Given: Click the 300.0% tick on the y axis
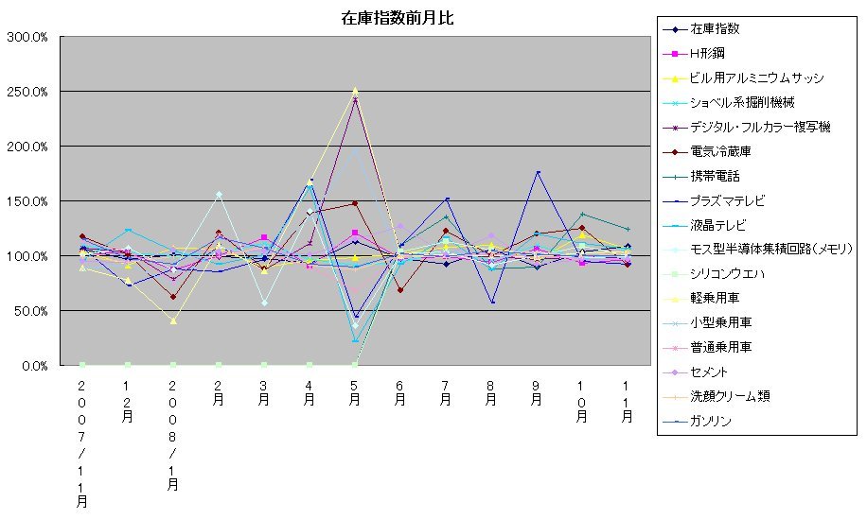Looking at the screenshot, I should (x=30, y=37).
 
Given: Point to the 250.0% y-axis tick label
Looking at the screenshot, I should (x=30, y=92).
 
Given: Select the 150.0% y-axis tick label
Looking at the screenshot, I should (x=30, y=201).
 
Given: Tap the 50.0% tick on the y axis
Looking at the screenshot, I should (x=33, y=311).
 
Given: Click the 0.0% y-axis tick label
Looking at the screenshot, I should (x=36, y=366).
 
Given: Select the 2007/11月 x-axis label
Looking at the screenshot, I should (x=82, y=444).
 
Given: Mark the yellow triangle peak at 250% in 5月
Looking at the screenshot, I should (x=355, y=91).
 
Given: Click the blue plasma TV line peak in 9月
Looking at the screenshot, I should (x=537, y=173).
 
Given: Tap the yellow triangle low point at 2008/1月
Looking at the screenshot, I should (x=173, y=320).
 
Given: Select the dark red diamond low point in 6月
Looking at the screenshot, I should (x=400, y=289).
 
